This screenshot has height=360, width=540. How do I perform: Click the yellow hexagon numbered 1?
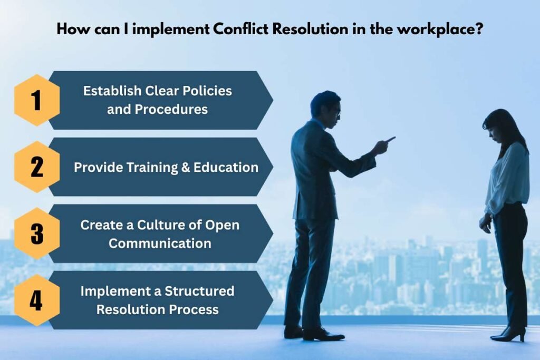(x=36, y=100)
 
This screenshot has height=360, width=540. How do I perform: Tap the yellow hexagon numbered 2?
(x=36, y=167)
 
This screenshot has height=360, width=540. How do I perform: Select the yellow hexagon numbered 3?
(x=36, y=233)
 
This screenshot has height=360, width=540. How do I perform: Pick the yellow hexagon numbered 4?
(x=36, y=300)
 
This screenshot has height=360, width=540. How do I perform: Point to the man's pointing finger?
(x=391, y=139)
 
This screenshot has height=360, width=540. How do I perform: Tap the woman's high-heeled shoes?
(x=508, y=334)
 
